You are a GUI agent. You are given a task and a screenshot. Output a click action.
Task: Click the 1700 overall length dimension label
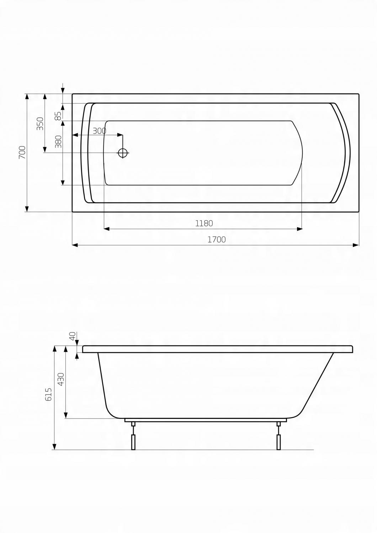point(216,239)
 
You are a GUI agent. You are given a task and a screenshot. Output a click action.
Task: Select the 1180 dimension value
point(204,224)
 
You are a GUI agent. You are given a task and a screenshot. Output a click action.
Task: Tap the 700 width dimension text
point(22,152)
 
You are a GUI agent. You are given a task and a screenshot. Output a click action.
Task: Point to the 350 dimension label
point(40,123)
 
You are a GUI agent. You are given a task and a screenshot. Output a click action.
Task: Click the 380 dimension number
point(58,141)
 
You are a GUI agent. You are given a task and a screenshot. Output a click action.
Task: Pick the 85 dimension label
point(58,116)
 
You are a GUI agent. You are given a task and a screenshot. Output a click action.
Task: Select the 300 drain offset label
point(99,131)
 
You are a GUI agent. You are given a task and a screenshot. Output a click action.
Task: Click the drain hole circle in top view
point(123,153)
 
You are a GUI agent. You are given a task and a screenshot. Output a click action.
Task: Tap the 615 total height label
point(48,394)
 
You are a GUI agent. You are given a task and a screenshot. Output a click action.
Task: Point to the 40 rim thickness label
point(72,336)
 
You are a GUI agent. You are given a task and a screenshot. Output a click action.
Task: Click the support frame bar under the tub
point(206,420)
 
